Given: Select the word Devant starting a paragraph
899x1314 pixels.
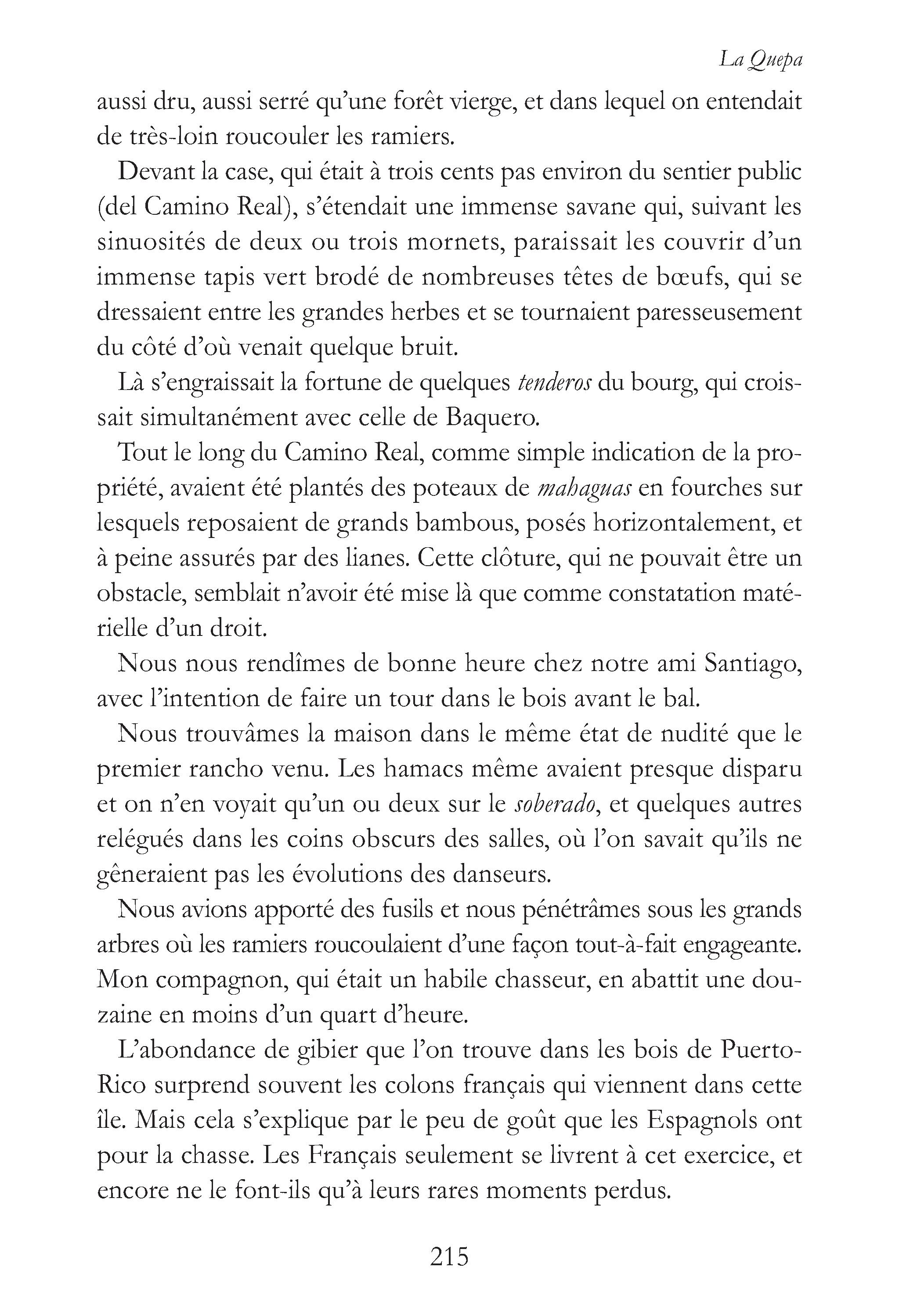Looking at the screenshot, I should tap(155, 172).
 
